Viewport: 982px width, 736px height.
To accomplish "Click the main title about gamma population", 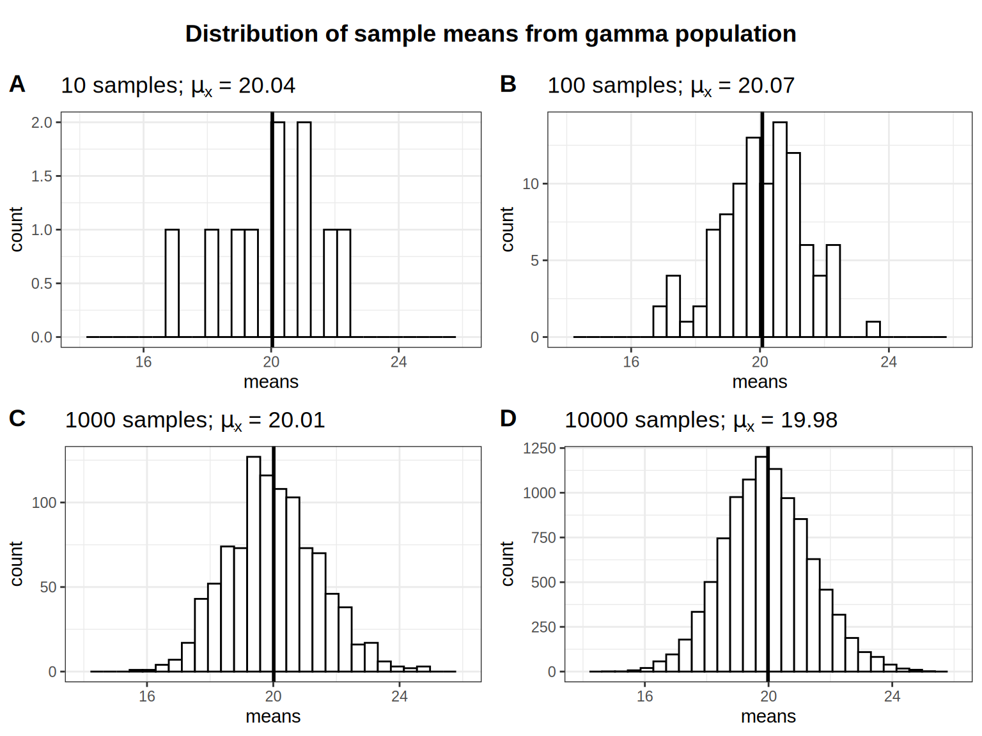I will point(490,34).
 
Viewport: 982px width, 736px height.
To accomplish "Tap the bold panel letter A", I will point(17,84).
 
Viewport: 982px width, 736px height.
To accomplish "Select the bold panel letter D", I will point(508,418).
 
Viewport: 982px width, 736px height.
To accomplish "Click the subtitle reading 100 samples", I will point(671,86).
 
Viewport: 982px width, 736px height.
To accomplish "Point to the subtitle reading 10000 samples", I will point(701,420).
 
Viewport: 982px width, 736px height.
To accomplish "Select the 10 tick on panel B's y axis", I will point(531,184).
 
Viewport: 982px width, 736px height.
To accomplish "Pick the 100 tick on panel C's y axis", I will point(44,503).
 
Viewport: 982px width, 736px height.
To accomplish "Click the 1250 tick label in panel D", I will point(539,448).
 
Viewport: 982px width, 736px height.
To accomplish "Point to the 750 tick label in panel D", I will point(543,538).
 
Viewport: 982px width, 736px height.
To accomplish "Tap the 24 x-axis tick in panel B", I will point(889,362).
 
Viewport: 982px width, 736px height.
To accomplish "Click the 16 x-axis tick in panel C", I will point(147,696).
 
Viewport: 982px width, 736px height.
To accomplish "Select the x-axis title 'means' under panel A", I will point(271,382).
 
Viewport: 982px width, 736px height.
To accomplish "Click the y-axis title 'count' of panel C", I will point(17,563).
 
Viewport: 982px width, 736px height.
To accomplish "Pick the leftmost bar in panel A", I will point(172,283).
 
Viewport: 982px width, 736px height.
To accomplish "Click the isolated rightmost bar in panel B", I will point(873,329).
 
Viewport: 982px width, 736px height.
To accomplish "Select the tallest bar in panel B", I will point(780,229).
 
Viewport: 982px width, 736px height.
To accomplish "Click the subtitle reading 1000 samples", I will point(195,420).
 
